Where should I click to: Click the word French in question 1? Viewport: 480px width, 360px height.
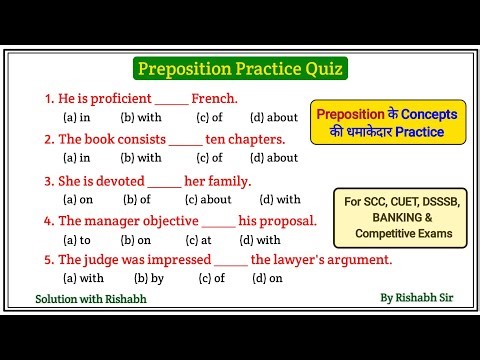click(214, 99)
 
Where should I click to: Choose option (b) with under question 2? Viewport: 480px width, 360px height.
click(141, 157)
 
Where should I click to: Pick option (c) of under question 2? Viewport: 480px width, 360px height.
click(210, 157)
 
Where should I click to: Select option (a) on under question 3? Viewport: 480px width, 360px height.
click(78, 200)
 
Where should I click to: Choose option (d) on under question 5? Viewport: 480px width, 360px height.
click(268, 278)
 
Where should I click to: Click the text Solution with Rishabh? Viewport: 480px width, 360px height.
click(90, 299)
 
